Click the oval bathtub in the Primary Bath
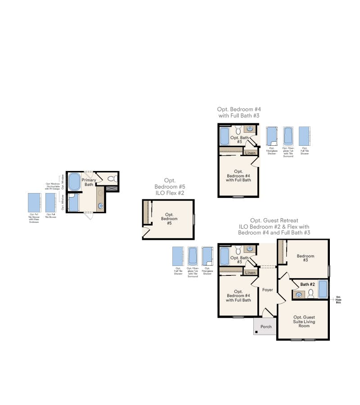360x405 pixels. [x=74, y=182]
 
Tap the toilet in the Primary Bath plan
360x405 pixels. [x=111, y=179]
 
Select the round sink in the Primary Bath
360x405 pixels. [x=101, y=206]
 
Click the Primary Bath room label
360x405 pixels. [x=88, y=182]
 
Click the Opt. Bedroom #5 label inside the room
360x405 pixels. [x=169, y=219]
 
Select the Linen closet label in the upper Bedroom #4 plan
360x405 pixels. [x=251, y=153]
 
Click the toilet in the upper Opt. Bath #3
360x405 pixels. [x=238, y=130]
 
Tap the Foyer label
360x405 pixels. [x=268, y=290]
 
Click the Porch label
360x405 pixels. [x=266, y=326]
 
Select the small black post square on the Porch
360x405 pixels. [x=256, y=332]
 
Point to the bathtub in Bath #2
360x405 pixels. [x=323, y=289]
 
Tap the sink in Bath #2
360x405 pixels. [x=298, y=295]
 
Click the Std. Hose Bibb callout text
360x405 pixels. [x=338, y=299]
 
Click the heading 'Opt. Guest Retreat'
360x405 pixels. [x=274, y=220]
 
